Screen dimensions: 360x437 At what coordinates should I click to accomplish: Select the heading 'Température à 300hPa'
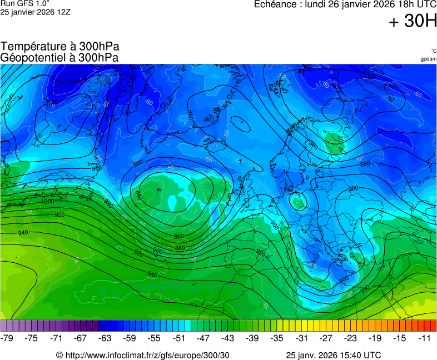pyautogui.click(x=59, y=47)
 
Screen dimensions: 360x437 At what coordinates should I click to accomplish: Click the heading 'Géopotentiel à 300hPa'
pyautogui.click(x=59, y=57)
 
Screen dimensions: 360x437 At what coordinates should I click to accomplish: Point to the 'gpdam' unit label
pyautogui.click(x=428, y=59)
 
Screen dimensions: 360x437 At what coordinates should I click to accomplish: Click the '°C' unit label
pyautogui.click(x=433, y=51)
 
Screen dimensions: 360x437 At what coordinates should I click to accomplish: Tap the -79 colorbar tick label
pyautogui.click(x=7, y=338)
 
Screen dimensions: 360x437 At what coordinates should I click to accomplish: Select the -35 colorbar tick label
pyautogui.click(x=277, y=338)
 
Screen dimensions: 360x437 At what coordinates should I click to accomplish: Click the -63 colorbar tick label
pyautogui.click(x=105, y=338)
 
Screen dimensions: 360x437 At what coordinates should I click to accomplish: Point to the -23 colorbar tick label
pyautogui.click(x=351, y=338)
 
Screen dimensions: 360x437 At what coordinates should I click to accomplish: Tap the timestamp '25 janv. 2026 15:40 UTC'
pyautogui.click(x=333, y=355)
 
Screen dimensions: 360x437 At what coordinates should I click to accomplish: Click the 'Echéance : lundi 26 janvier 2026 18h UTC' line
pyautogui.click(x=345, y=4)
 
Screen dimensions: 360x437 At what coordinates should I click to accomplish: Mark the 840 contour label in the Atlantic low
pyautogui.click(x=138, y=195)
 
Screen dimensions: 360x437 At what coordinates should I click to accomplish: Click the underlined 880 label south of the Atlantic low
pyautogui.click(x=180, y=248)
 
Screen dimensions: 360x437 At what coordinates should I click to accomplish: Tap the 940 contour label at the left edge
pyautogui.click(x=23, y=233)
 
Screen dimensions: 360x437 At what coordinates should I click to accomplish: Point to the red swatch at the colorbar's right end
pyautogui.click(x=433, y=326)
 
